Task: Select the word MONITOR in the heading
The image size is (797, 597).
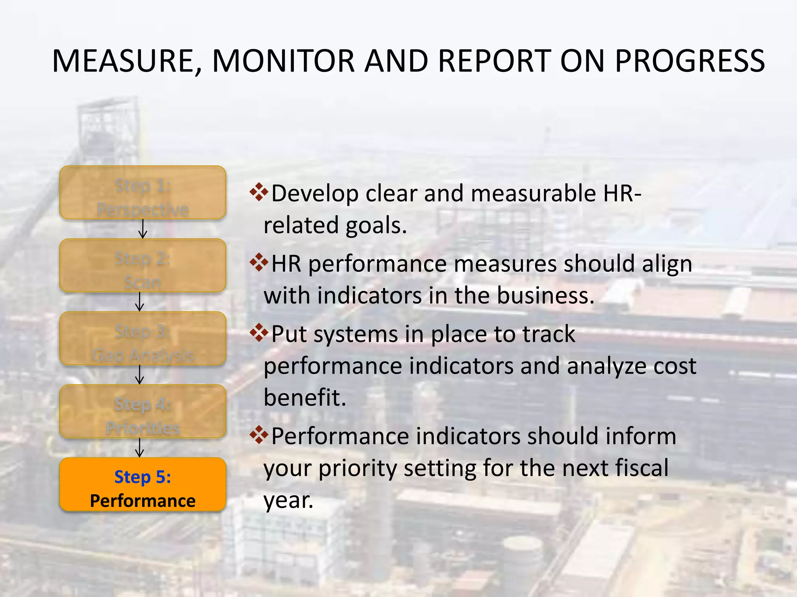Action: pyautogui.click(x=283, y=61)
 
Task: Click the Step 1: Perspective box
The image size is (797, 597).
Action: pyautogui.click(x=143, y=193)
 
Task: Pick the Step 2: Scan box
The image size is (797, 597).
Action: pyautogui.click(x=143, y=266)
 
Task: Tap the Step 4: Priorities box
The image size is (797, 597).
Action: pyautogui.click(x=143, y=412)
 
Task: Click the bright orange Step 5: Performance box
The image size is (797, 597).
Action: pyautogui.click(x=143, y=485)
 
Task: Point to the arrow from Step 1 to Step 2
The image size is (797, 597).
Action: pyautogui.click(x=143, y=229)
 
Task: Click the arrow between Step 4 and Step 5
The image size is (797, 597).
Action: pyautogui.click(x=139, y=448)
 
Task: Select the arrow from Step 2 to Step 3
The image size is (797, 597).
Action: pyautogui.click(x=139, y=302)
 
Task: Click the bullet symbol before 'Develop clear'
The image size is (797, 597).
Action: pyautogui.click(x=259, y=192)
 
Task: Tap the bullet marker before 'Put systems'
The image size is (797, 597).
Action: pyautogui.click(x=259, y=333)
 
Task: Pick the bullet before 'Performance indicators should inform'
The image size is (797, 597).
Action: pyautogui.click(x=259, y=435)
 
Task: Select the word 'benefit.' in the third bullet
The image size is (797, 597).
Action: pyautogui.click(x=305, y=398)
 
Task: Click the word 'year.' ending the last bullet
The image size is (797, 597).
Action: pyautogui.click(x=288, y=500)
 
